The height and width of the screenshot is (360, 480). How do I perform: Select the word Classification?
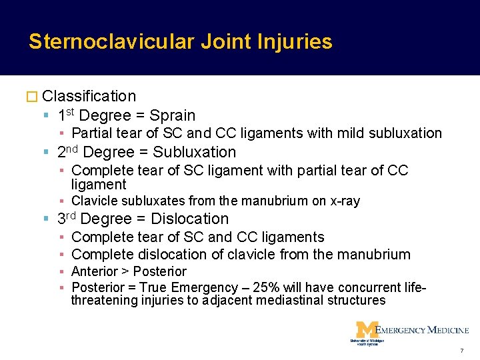coord(89,97)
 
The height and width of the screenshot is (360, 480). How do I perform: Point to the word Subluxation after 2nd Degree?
coord(194,152)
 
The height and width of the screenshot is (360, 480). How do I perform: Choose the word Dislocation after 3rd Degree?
coord(190,219)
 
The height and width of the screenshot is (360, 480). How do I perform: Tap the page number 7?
coord(461,351)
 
